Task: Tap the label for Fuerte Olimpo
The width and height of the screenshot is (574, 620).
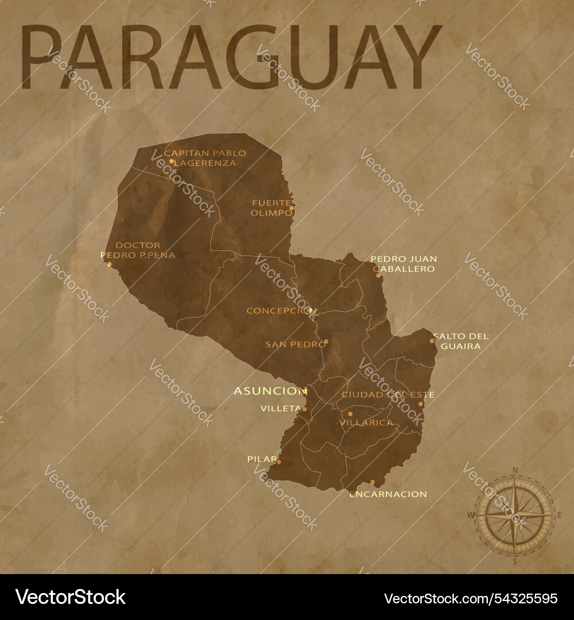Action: tap(270, 207)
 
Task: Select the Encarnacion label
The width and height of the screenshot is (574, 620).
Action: tap(388, 494)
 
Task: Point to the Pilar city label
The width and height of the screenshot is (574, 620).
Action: tap(261, 459)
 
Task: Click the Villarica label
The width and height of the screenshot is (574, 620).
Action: tap(366, 423)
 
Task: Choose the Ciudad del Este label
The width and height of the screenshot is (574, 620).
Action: tap(387, 394)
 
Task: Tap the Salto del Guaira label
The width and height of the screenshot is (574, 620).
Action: tap(461, 341)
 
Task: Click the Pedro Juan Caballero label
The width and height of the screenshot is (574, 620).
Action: tap(404, 263)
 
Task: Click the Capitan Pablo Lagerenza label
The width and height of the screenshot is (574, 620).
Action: tap(205, 158)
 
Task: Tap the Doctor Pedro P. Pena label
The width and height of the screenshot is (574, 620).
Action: tap(138, 250)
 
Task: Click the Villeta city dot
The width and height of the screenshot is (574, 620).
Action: tap(304, 409)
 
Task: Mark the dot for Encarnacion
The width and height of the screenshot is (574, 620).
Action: tap(373, 482)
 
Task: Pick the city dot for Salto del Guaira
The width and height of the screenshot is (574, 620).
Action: tap(432, 341)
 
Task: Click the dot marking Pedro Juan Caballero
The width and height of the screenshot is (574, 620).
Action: tap(378, 276)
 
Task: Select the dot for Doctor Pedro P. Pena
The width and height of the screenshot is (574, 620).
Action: tap(109, 264)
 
